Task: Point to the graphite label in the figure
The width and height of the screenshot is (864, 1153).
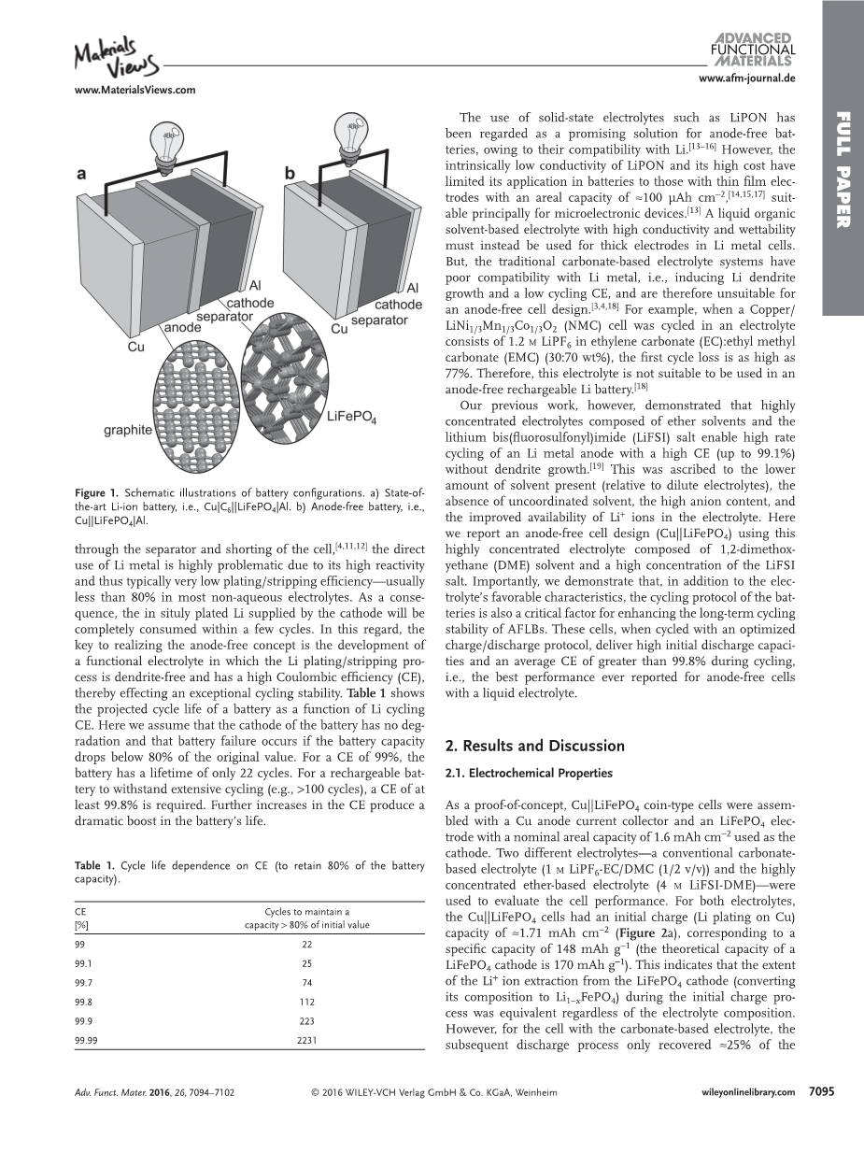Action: click(x=127, y=430)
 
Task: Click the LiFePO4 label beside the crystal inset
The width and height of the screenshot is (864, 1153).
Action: click(x=351, y=417)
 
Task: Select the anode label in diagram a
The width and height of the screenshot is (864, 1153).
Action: click(x=184, y=328)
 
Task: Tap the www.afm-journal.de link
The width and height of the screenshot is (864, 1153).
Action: click(x=746, y=78)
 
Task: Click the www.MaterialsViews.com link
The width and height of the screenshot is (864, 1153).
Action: click(x=134, y=90)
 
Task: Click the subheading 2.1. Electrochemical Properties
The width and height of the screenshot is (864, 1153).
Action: click(x=528, y=774)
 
